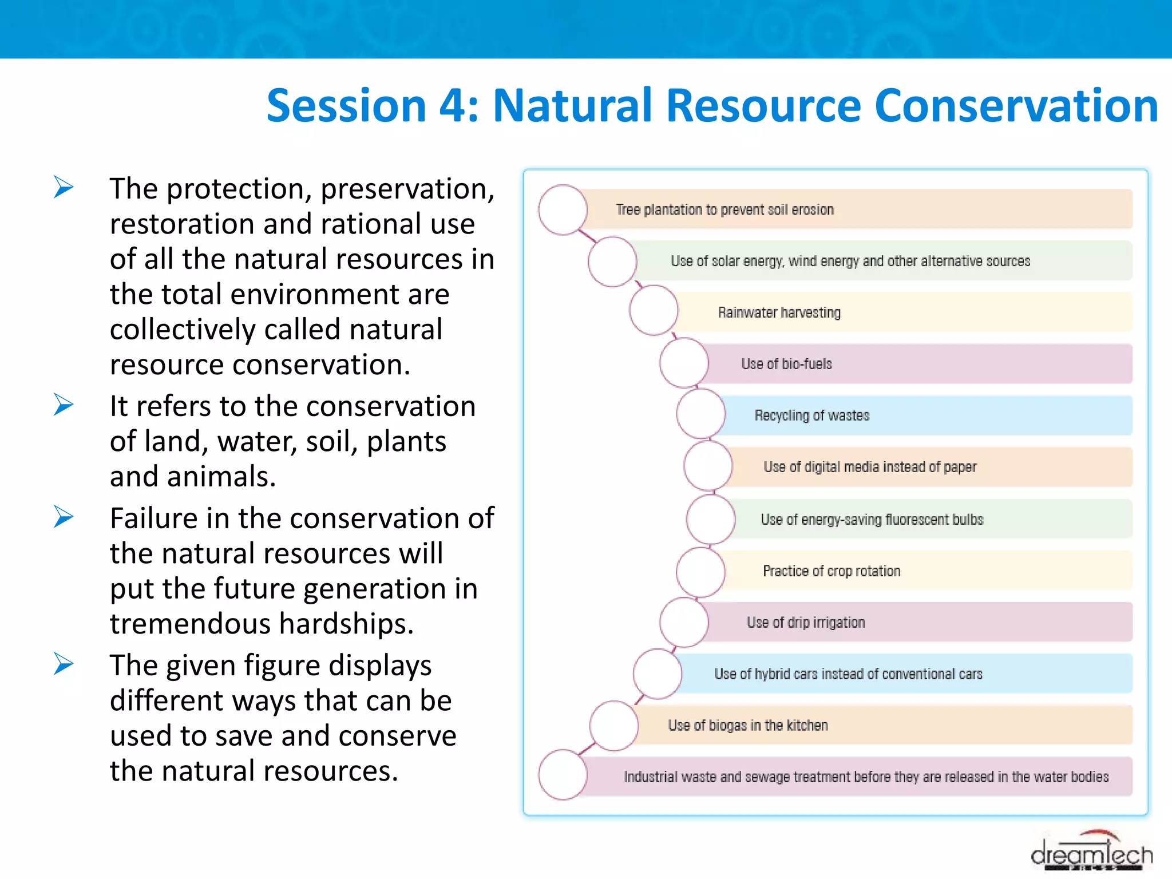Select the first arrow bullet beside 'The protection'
[64, 187]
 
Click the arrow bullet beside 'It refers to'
[64, 405]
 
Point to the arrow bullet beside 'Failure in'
[64, 517]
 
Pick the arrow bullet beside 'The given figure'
[64, 664]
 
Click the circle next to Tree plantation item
[563, 209]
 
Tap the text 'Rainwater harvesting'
[779, 312]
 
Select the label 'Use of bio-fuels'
[786, 364]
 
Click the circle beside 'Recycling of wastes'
[700, 414]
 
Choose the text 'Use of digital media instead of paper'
[870, 467]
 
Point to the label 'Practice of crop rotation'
[832, 571]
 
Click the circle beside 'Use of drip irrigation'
[684, 623]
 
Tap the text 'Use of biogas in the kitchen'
[748, 726]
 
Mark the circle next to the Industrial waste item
[563, 775]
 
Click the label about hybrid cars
[848, 674]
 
